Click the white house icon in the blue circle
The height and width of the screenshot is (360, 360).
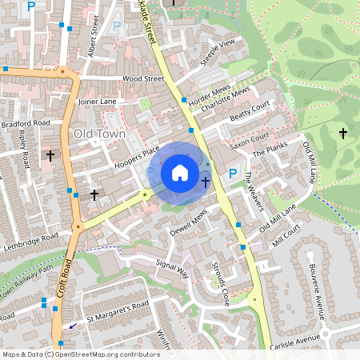[x=180, y=172]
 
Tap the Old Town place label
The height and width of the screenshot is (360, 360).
[x=99, y=134]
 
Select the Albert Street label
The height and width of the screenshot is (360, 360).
[x=94, y=41]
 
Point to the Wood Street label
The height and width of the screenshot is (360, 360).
[x=143, y=79]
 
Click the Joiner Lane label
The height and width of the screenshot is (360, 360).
[x=97, y=102]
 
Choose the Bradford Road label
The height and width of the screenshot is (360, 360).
[x=25, y=124]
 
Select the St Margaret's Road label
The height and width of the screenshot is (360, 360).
[x=118, y=310]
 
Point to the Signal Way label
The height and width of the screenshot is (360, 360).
[x=171, y=268]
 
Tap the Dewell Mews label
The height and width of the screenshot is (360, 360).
[x=189, y=223]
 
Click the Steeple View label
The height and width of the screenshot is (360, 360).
[x=218, y=50]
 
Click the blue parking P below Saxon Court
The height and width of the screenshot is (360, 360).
[x=233, y=174]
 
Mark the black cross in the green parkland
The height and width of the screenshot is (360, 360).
[x=343, y=132]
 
